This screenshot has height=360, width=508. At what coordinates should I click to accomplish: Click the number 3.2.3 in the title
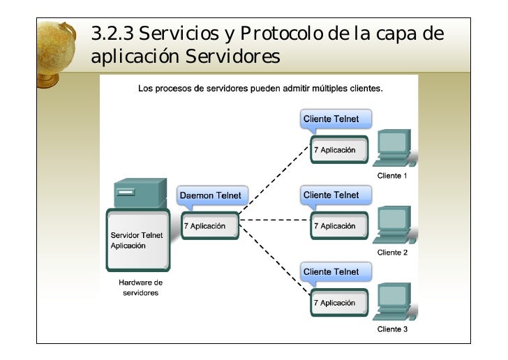(112, 33)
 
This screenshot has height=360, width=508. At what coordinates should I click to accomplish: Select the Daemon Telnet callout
(210, 195)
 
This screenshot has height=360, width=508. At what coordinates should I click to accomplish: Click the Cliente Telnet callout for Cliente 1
(331, 119)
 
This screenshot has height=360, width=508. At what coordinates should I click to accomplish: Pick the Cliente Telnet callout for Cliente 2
(331, 195)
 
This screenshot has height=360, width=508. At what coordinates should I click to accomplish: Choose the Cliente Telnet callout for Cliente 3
(331, 271)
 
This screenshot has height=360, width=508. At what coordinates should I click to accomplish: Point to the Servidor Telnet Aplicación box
(137, 240)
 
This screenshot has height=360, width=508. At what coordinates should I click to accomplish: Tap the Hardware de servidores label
(140, 287)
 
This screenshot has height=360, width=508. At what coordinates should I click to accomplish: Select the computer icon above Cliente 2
(392, 225)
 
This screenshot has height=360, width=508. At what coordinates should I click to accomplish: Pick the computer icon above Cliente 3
(392, 302)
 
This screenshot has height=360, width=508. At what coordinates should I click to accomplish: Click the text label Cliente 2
(392, 252)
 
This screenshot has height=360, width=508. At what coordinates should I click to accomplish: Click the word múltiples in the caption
(308, 89)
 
